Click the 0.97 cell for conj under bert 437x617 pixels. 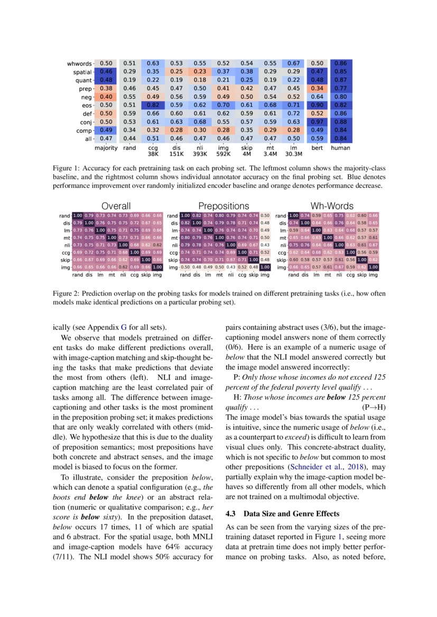317,122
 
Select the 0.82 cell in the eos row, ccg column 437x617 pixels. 153,105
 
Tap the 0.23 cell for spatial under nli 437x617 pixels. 199,72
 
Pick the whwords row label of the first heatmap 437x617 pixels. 79,64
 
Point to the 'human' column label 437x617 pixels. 340,148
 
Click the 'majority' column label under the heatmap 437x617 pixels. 106,148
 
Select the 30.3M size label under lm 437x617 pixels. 293,155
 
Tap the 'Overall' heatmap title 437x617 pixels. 116,206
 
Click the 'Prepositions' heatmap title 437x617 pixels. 224,206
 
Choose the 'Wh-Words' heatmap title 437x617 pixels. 332,206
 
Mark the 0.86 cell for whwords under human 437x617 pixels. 340,64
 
